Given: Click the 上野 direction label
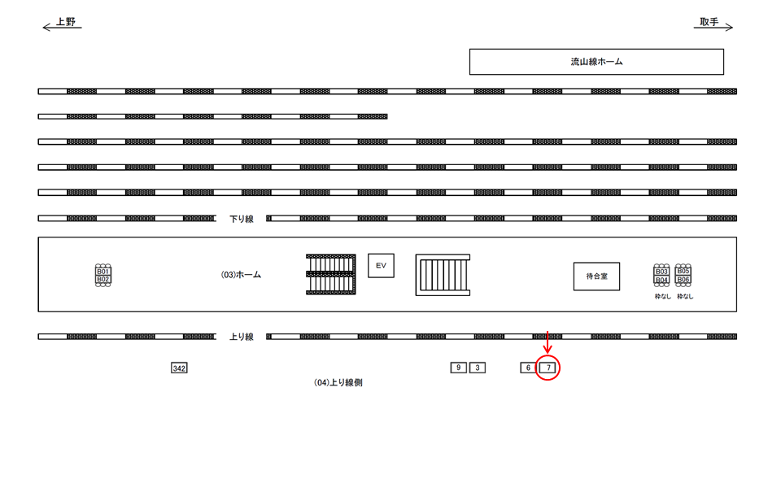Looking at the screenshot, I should (x=65, y=22).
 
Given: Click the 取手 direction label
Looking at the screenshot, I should (x=709, y=22).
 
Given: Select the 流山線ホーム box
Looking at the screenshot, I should (x=596, y=62).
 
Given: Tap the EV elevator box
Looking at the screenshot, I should (x=381, y=266).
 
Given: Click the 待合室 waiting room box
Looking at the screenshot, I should (x=596, y=276).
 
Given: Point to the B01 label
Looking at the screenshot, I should (x=103, y=271).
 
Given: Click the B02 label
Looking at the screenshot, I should (x=103, y=279).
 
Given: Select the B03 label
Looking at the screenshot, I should (x=661, y=272).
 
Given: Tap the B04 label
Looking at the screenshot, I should (x=661, y=280).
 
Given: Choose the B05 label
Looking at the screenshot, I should (x=683, y=271).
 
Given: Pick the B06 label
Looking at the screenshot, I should (x=683, y=279).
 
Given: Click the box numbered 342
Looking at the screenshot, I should (x=179, y=368).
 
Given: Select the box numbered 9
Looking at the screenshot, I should (x=458, y=368).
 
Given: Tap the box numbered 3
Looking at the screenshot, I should (x=478, y=368).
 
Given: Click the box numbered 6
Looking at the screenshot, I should (x=528, y=368).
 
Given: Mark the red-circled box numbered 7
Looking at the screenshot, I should (x=549, y=368).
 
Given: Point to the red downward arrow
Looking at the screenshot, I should (x=548, y=342).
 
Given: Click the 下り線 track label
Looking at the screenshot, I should (x=242, y=219).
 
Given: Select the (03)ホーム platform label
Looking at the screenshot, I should (x=242, y=275).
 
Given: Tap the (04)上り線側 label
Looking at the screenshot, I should (x=338, y=382).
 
